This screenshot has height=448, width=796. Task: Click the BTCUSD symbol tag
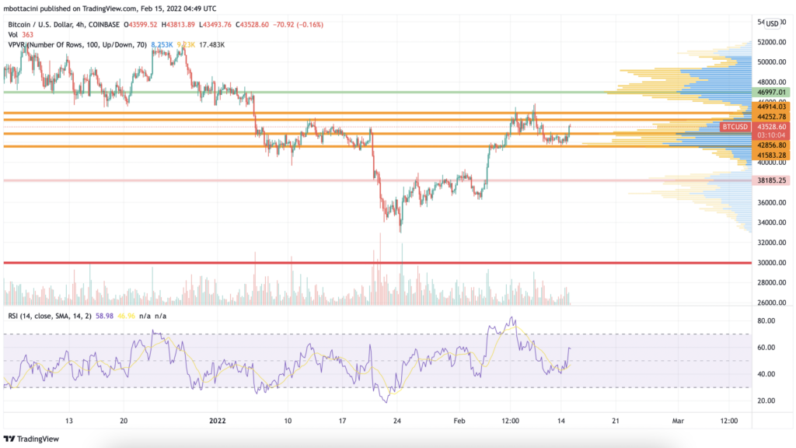pyautogui.click(x=735, y=127)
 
